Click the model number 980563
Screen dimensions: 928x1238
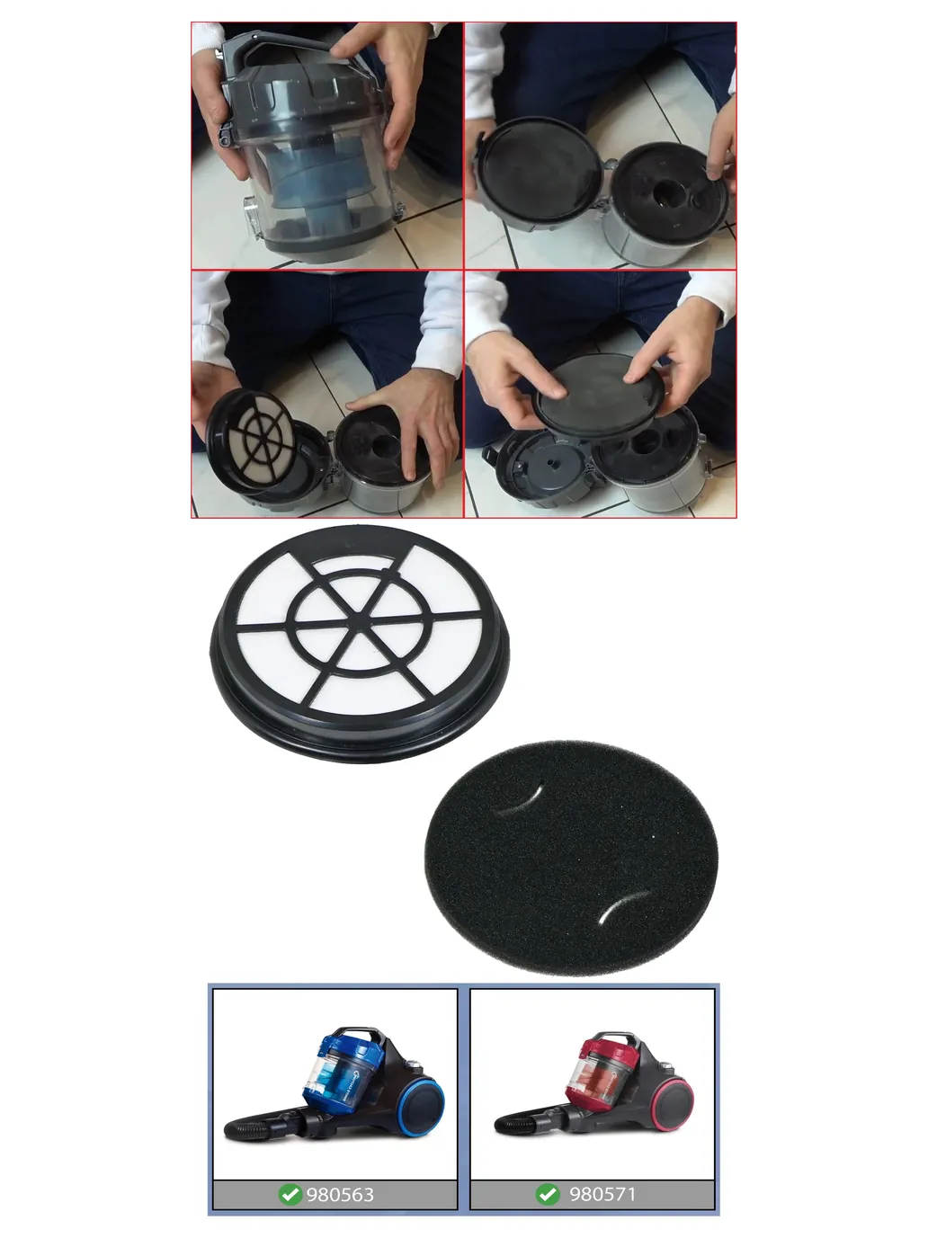coord(340,1195)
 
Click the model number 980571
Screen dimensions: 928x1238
coord(602,1194)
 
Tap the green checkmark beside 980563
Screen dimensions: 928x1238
coord(290,1194)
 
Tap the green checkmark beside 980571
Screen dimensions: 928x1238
coord(548,1194)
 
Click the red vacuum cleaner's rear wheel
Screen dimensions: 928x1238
coord(672,1104)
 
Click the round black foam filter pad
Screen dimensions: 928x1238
coord(571,858)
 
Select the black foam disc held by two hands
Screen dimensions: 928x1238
coord(598,395)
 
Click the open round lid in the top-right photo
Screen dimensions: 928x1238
coord(539,172)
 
